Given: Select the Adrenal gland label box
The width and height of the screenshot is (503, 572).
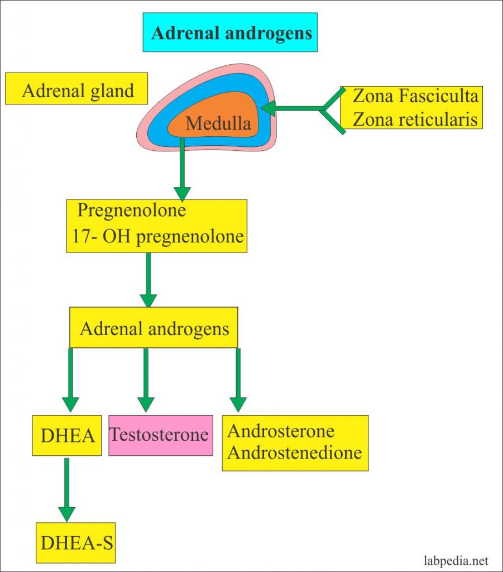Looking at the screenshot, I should click(x=77, y=90).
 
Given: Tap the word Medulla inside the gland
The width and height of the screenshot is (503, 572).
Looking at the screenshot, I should click(x=218, y=123).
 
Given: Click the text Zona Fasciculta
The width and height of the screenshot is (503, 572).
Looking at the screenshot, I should click(x=415, y=97).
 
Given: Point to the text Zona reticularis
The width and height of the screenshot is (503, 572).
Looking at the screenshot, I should click(x=415, y=120).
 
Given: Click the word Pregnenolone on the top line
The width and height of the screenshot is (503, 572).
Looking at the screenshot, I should click(x=132, y=211).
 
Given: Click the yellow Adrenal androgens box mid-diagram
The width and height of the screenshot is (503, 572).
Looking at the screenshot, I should click(x=154, y=328).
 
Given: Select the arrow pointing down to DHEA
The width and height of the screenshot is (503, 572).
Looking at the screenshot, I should click(x=70, y=380).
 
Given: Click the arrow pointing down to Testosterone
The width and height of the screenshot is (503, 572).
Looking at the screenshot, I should click(x=146, y=380).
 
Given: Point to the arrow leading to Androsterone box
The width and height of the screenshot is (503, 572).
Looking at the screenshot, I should click(x=238, y=380).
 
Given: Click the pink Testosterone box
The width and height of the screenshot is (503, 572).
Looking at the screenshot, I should click(x=160, y=435).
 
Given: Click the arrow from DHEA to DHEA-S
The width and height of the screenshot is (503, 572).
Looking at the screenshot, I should click(x=66, y=489).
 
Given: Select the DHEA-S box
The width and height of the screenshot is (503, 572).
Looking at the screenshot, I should click(x=75, y=542).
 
